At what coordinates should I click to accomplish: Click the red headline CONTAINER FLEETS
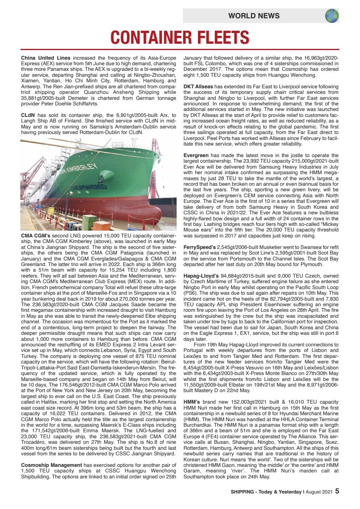click(x=180, y=38)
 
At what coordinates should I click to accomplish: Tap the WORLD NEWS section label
click(x=254, y=16)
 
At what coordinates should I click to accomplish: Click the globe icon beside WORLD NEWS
click(x=332, y=16)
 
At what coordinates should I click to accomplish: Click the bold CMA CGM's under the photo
click(x=34, y=235)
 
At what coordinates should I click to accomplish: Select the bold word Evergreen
click(x=197, y=155)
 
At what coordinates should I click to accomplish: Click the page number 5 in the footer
click(x=337, y=491)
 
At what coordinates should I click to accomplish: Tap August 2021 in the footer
click(x=319, y=492)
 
